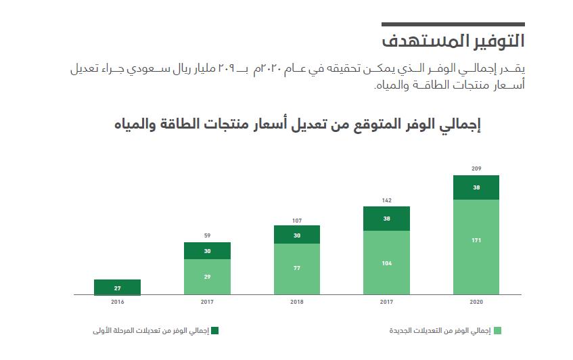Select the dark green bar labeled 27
click(x=117, y=288)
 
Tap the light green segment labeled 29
click(x=207, y=277)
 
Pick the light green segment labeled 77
click(x=296, y=269)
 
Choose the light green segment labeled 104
click(x=386, y=263)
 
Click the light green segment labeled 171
click(x=476, y=247)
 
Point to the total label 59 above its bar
click(x=207, y=235)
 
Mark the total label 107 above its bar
click(x=296, y=220)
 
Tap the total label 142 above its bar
click(x=386, y=200)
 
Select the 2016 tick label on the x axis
click(x=117, y=302)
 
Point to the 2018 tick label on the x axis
click(x=296, y=302)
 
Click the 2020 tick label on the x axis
click(x=476, y=302)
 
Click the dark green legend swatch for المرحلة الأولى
click(x=214, y=331)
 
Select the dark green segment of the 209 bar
click(x=476, y=187)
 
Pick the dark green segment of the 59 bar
click(x=207, y=251)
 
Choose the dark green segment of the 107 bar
click(x=296, y=235)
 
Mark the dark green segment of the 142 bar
click(x=386, y=219)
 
